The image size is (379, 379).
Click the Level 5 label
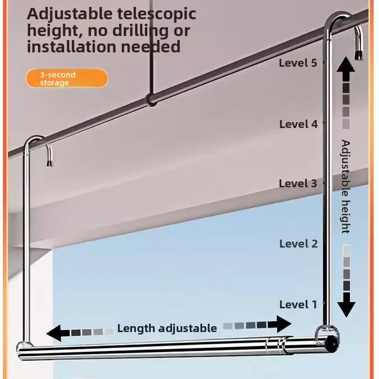pyautogui.click(x=298, y=63)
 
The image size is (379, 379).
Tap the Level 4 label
pyautogui.click(x=298, y=124)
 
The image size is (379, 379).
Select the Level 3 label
pyautogui.click(x=298, y=183)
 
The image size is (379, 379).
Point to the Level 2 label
pyautogui.click(x=298, y=244)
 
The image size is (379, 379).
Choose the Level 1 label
pyautogui.click(x=298, y=304)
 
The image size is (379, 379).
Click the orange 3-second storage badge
pyautogui.click(x=67, y=78)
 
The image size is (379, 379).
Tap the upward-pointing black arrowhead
pyautogui.click(x=346, y=65)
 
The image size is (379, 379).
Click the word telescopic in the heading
pyautogui.click(x=157, y=14)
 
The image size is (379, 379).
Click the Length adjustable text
pyautogui.click(x=167, y=328)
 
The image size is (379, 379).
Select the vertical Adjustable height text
pyautogui.click(x=346, y=186)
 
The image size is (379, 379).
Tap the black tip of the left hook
pyautogui.click(x=49, y=164)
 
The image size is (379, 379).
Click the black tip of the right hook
pyautogui.click(x=358, y=55)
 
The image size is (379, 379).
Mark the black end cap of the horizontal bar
pyautogui.click(x=332, y=343)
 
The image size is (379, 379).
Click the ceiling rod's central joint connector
pyautogui.click(x=151, y=99)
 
